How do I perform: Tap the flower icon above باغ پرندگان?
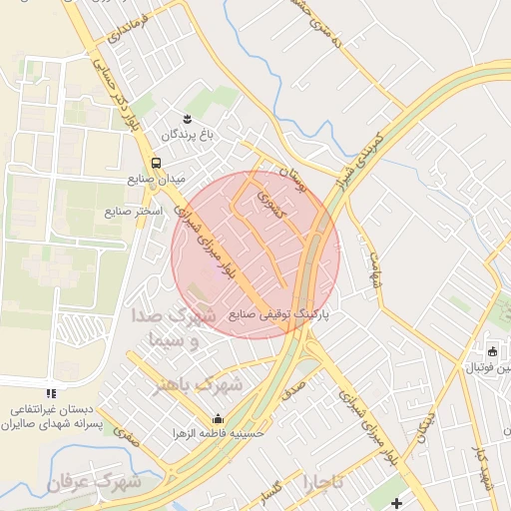[x=186, y=119]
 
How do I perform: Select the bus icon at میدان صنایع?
[x=155, y=164]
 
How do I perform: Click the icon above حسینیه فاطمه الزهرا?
[x=218, y=418]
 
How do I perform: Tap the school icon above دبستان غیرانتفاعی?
[x=52, y=395]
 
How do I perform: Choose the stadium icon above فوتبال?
[x=492, y=351]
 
